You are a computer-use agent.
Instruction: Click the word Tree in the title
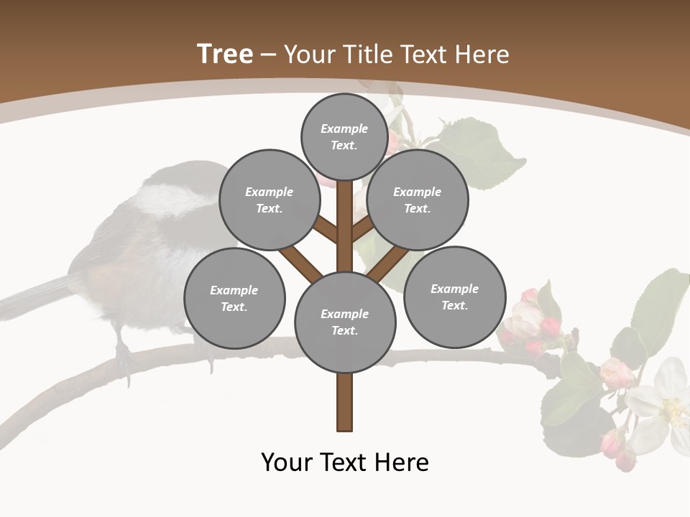225,54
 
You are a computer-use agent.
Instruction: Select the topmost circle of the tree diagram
344,136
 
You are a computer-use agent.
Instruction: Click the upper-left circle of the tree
269,200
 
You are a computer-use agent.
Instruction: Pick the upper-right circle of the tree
418,200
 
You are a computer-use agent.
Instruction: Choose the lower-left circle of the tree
234,298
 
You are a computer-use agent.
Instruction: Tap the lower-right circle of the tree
454,297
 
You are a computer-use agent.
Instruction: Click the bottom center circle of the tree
345,322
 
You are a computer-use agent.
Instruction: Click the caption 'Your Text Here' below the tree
345,462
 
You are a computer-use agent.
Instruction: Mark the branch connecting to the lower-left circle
300,261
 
